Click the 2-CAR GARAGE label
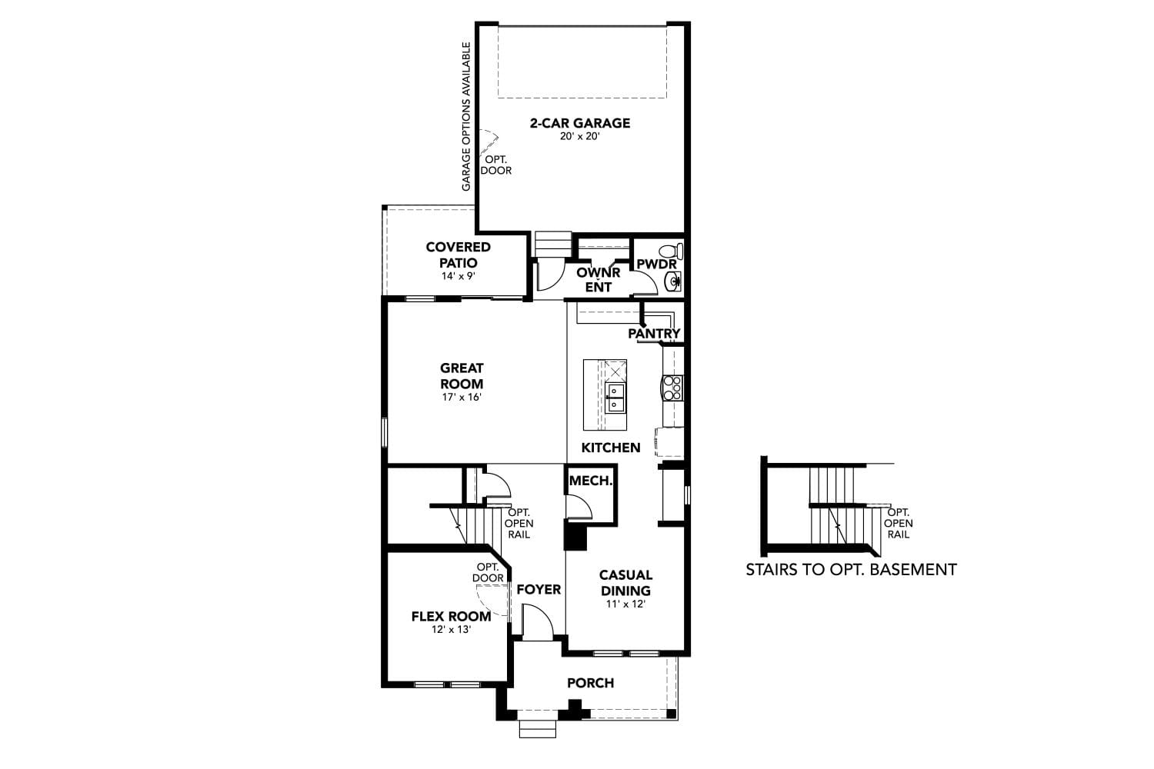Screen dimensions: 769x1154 tap(579, 123)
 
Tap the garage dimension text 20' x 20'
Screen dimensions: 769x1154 tap(579, 137)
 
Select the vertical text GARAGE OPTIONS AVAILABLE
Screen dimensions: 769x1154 tap(466, 117)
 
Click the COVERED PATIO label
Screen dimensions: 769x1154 tap(459, 255)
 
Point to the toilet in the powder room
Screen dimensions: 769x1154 tap(672, 251)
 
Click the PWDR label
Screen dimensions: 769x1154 tap(656, 265)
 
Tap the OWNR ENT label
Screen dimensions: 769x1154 tap(599, 280)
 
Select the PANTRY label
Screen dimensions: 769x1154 tap(654, 334)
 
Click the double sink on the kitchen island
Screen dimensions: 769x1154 tap(615, 398)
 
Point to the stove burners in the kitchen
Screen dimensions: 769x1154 tap(672, 388)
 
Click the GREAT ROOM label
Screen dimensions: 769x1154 tap(462, 376)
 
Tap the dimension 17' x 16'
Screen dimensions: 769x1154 tap(462, 398)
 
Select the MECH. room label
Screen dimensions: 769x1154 tap(591, 481)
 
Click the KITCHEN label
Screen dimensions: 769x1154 tap(611, 448)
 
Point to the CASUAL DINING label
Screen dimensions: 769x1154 tap(625, 582)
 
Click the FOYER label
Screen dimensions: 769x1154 tap(539, 590)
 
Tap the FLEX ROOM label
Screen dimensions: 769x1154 tap(451, 616)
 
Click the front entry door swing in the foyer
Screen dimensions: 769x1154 tap(537, 621)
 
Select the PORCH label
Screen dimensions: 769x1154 tap(591, 683)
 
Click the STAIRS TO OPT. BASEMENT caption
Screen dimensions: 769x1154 tap(851, 570)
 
